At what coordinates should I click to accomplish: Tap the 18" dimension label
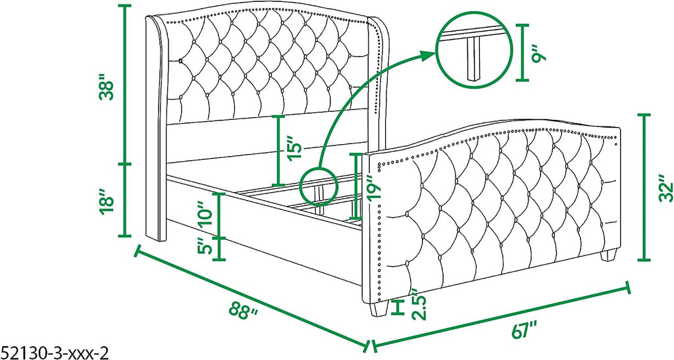[x=106, y=201]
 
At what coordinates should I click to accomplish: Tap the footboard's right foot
[x=608, y=255]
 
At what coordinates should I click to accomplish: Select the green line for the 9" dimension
[x=522, y=53]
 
